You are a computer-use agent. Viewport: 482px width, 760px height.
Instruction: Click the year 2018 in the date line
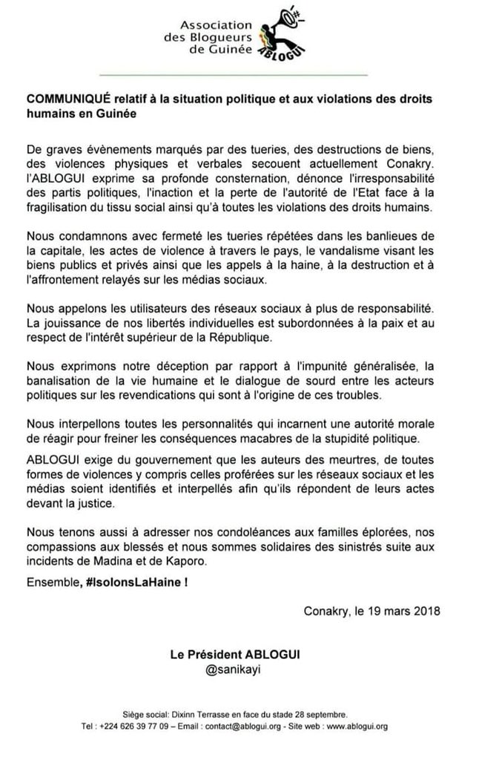point(426,612)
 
